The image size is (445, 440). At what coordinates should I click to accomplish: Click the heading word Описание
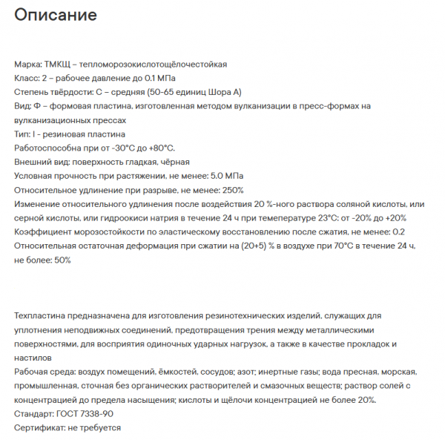point(56,15)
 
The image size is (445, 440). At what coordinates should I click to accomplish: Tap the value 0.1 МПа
point(157,79)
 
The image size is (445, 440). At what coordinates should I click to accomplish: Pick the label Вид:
point(23,107)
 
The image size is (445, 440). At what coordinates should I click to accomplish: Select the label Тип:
point(23,134)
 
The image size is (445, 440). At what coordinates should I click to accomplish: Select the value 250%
point(233,190)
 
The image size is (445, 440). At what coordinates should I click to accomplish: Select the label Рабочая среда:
point(46,372)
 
